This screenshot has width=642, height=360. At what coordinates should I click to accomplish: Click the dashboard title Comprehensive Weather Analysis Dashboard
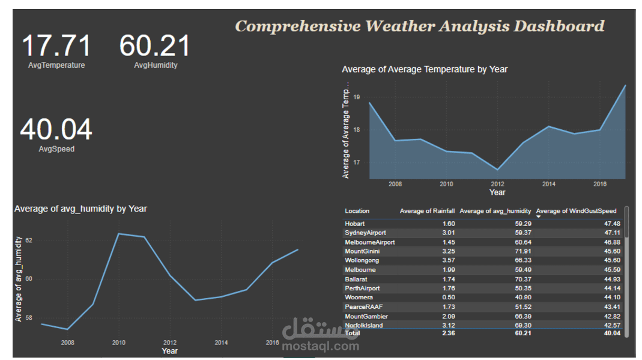pyautogui.click(x=419, y=26)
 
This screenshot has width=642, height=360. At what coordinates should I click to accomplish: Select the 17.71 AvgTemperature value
pyautogui.click(x=56, y=46)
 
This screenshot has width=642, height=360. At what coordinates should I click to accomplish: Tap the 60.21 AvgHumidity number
pyautogui.click(x=155, y=46)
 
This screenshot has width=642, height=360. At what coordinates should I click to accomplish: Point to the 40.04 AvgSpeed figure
pyautogui.click(x=56, y=130)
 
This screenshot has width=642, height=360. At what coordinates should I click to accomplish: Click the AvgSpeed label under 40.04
pyautogui.click(x=56, y=148)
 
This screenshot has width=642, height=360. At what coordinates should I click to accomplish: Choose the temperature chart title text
pyautogui.click(x=425, y=69)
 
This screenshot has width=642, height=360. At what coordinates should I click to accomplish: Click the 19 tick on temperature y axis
pyautogui.click(x=356, y=97)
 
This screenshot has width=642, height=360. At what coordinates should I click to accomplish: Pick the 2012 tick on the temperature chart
pyautogui.click(x=497, y=183)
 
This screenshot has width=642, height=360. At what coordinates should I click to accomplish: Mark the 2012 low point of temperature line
pyautogui.click(x=497, y=169)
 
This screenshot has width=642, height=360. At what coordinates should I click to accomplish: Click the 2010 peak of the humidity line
pyautogui.click(x=119, y=233)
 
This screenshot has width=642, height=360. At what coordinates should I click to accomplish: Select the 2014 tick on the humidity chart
pyautogui.click(x=221, y=342)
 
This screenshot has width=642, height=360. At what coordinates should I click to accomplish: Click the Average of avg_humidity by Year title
pyautogui.click(x=80, y=209)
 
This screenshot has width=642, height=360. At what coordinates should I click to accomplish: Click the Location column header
pyautogui.click(x=357, y=211)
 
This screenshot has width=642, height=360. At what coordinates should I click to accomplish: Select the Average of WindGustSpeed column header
pyautogui.click(x=576, y=211)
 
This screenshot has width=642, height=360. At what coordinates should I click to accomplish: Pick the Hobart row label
pyautogui.click(x=355, y=224)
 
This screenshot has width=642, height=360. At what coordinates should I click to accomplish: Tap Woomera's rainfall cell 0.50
pyautogui.click(x=448, y=297)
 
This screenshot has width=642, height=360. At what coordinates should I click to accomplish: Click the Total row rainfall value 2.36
pyautogui.click(x=448, y=332)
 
